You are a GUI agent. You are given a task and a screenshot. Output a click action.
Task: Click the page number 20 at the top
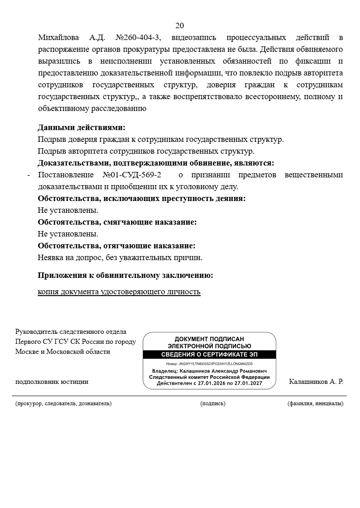(x=180, y=25)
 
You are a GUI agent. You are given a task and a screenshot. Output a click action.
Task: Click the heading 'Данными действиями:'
(x=81, y=128)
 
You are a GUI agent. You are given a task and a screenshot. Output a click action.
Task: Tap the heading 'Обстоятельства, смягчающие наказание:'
(x=117, y=222)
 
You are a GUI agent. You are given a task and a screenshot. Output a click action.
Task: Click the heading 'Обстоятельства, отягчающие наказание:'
(x=117, y=246)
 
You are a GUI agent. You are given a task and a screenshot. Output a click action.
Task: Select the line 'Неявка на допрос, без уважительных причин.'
(x=120, y=258)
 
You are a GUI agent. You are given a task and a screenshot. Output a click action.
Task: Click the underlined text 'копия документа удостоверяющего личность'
(x=119, y=292)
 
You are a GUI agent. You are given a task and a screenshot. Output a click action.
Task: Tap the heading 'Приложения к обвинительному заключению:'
(x=125, y=276)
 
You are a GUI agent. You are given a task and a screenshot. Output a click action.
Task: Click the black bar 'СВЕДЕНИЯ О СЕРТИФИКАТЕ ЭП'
(x=209, y=355)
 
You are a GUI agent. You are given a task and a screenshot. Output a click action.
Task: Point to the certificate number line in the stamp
(x=209, y=364)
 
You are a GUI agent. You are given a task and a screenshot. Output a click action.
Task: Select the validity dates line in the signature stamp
(x=209, y=383)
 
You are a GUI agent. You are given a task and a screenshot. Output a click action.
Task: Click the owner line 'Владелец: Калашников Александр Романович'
(x=209, y=371)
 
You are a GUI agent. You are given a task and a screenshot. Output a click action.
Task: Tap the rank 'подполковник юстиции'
(x=52, y=382)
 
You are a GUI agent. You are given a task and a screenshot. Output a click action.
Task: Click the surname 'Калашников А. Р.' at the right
(x=316, y=382)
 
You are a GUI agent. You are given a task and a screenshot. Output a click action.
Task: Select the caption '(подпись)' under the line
(x=213, y=403)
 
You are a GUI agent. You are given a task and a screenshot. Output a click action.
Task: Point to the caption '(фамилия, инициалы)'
(x=315, y=403)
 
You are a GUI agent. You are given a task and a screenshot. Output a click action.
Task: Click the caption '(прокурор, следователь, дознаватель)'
(x=63, y=403)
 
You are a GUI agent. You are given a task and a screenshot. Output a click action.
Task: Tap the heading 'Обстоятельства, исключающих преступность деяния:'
(x=142, y=199)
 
